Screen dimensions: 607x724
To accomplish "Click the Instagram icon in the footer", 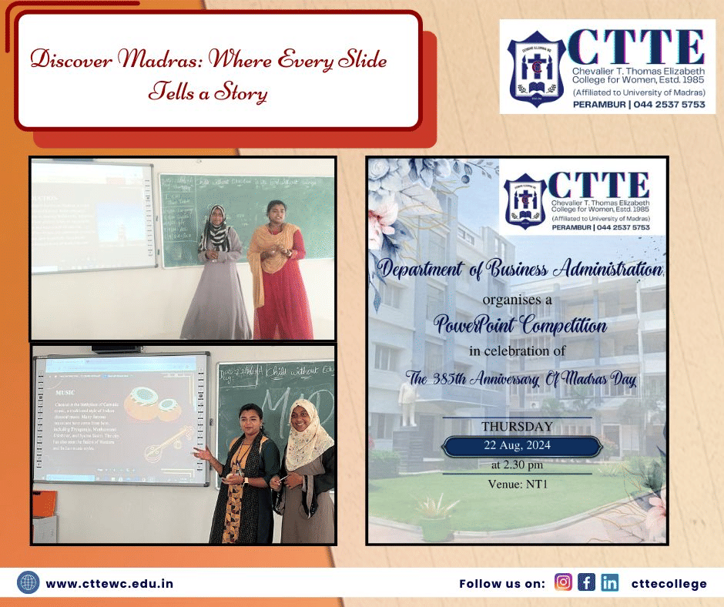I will click(564, 582).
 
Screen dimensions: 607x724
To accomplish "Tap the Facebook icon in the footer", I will click(587, 582).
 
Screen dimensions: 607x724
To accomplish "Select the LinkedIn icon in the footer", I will click(610, 582).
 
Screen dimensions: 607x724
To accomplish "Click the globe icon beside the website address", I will click(28, 582).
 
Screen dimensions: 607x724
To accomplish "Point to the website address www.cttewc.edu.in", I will click(109, 583).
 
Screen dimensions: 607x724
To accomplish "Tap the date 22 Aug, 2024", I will click(518, 446).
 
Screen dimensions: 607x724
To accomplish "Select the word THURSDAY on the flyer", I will click(517, 426).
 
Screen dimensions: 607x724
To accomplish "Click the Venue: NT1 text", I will click(517, 484).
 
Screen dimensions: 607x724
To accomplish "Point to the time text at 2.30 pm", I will click(517, 465).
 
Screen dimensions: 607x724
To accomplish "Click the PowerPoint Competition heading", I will click(521, 325).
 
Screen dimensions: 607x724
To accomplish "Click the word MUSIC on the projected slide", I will click(59, 392).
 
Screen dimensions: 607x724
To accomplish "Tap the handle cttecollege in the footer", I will click(669, 583).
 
